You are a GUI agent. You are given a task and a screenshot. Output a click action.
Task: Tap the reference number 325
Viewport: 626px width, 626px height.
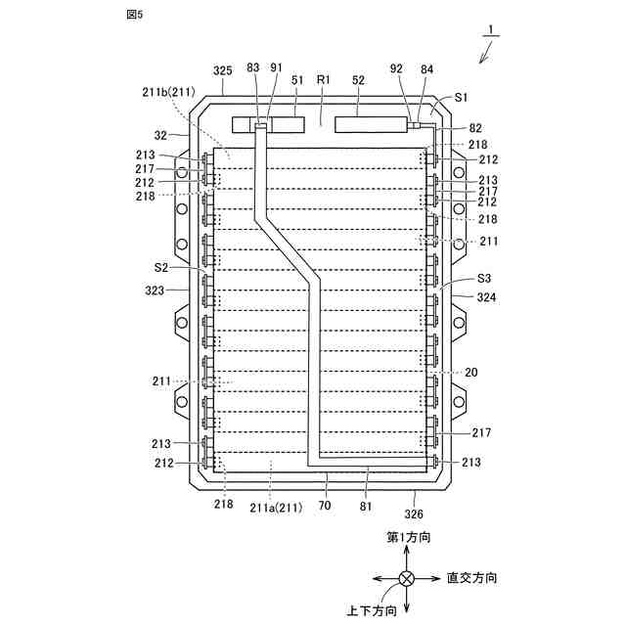tap(222, 70)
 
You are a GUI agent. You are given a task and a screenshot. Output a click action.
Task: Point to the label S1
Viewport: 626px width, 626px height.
tap(461, 99)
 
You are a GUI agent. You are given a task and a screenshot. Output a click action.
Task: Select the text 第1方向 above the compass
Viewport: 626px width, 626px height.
tap(408, 538)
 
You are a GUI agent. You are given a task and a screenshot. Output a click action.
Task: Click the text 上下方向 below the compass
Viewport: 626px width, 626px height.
tap(372, 611)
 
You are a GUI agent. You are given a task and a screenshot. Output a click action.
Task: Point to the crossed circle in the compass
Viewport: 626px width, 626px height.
tap(406, 579)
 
